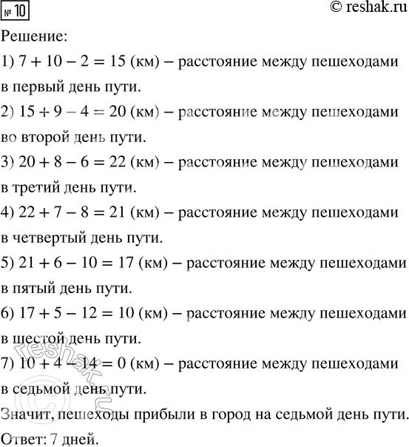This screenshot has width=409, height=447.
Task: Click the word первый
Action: point(41,87)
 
